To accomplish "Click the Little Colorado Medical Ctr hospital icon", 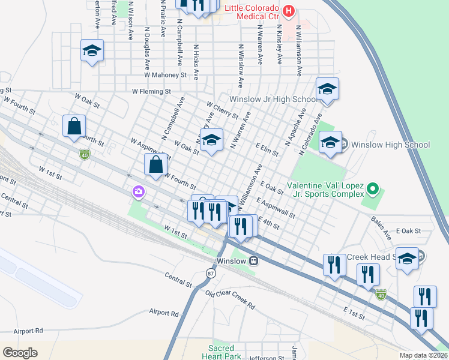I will tap(289, 10).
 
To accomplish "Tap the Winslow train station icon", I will tap(255, 261).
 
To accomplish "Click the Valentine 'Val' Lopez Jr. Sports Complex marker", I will tap(372, 190).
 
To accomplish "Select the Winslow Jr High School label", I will tap(273, 99).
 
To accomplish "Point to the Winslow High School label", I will tap(390, 145).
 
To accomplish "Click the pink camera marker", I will tap(139, 191).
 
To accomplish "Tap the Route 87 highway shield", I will tap(210, 273).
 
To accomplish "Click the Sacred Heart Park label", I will tap(224, 352).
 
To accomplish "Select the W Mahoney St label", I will tap(166, 76).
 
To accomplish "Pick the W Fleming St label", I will tap(151, 92).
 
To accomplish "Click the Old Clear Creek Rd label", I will tap(229, 299).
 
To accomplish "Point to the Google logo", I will tap(20, 353).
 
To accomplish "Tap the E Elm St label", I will tap(267, 149).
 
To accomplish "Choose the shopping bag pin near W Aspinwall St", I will tap(155, 164).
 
